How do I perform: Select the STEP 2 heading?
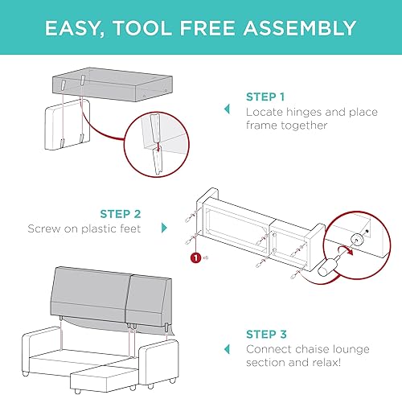click(120, 214)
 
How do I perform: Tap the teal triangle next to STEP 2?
click(165, 228)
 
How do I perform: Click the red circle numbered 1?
click(194, 259)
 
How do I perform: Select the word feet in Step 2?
click(127, 228)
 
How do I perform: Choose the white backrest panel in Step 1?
click(64, 126)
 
